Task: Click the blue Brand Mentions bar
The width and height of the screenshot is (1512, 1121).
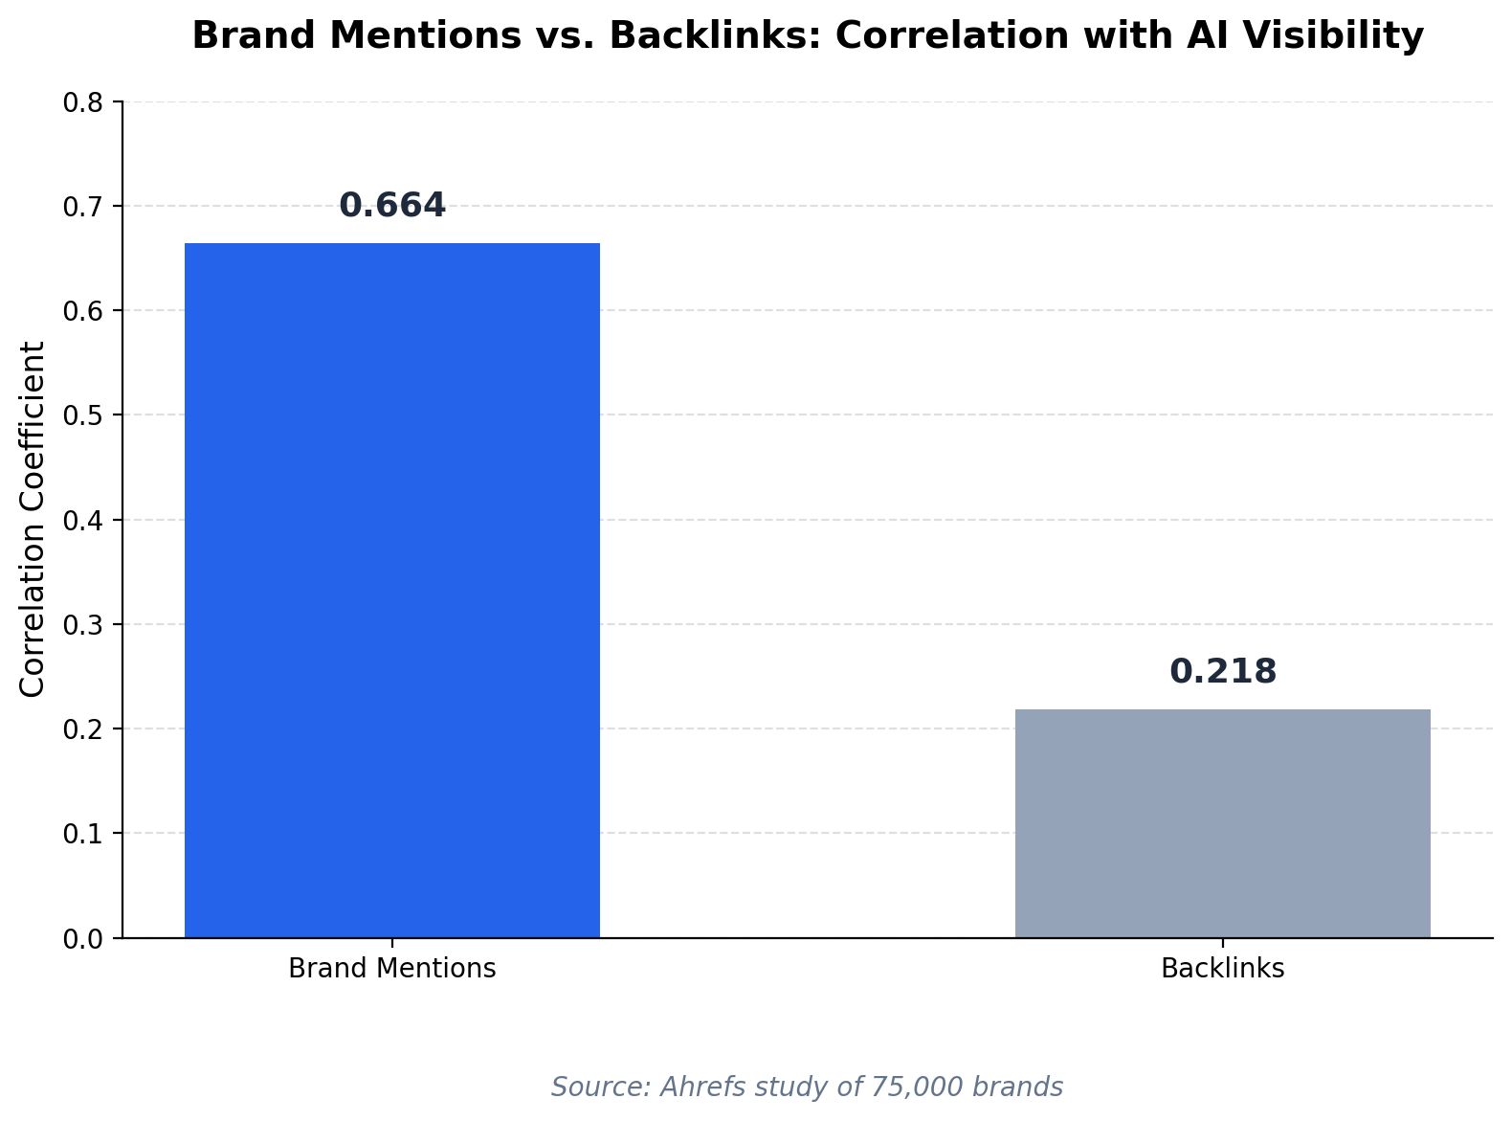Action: [x=392, y=591]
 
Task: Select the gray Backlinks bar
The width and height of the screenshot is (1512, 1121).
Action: [x=1222, y=823]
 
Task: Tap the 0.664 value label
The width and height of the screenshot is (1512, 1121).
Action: [x=392, y=205]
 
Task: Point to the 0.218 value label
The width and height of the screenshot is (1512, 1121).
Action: [x=1222, y=672]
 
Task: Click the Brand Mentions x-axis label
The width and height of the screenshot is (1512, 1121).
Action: [x=392, y=968]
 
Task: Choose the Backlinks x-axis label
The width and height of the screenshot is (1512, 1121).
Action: [x=1222, y=968]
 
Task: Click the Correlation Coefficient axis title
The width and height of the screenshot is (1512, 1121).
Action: [x=32, y=520]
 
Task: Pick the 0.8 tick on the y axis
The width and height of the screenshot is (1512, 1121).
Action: [x=82, y=103]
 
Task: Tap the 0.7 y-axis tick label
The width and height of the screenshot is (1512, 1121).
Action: [x=82, y=208]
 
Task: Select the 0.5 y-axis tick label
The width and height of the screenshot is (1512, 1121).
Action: [x=82, y=415]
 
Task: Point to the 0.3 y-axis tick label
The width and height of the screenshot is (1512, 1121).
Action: [x=82, y=625]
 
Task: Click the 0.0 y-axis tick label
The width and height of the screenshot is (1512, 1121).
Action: [x=82, y=940]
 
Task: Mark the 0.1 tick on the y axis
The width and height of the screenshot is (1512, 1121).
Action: [x=82, y=834]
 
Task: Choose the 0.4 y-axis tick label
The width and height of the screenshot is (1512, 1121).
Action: [x=82, y=521]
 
